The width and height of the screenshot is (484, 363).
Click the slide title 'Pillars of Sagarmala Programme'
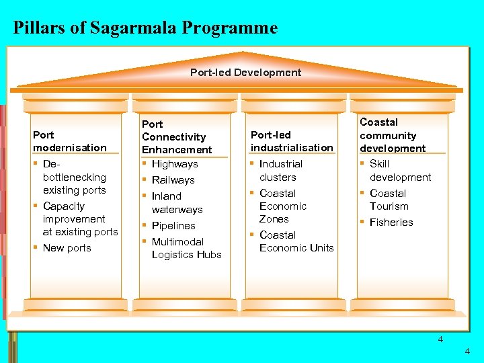(145, 28)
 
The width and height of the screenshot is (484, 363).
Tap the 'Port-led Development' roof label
(245, 72)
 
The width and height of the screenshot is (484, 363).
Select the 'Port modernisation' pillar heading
(70, 141)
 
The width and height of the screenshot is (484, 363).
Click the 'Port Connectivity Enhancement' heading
(177, 136)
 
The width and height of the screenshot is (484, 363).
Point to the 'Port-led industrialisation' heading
(292, 141)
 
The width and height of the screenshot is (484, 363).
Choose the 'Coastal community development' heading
(393, 135)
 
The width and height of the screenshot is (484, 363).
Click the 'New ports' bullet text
(67, 248)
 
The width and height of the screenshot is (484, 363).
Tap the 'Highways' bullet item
(175, 164)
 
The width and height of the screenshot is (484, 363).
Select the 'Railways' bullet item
(173, 180)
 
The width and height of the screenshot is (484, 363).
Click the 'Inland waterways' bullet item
(176, 203)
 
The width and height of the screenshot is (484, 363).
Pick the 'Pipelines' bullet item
(173, 226)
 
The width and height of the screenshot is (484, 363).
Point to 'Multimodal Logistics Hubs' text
(186, 248)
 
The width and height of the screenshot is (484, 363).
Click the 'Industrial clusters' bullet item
(281, 171)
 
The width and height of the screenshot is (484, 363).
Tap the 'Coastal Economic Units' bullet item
(296, 241)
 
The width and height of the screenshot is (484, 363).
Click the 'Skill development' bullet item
(400, 171)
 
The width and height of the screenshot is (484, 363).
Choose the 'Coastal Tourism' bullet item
(389, 200)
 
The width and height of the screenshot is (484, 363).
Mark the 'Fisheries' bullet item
(391, 223)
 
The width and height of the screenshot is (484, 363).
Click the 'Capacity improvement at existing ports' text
(80, 219)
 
